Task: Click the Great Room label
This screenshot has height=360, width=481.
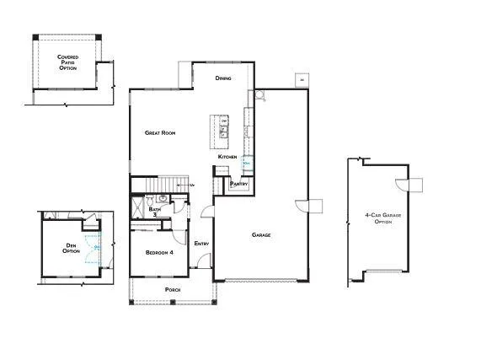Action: click(159, 132)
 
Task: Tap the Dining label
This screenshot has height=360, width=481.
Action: click(223, 78)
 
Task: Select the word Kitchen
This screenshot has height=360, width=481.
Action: click(227, 157)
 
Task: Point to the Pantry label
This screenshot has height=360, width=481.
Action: click(238, 183)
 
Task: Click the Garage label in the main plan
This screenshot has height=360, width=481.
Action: click(261, 234)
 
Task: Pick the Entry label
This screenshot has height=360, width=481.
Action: click(201, 244)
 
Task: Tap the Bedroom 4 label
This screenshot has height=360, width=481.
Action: click(159, 252)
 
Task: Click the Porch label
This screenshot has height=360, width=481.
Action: click(172, 289)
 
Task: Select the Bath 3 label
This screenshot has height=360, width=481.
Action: click(154, 212)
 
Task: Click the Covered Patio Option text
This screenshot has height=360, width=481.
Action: click(67, 62)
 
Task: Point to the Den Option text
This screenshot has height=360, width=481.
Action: click(72, 248)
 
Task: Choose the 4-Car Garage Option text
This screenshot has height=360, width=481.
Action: click(378, 218)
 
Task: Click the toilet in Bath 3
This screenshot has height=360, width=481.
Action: click(148, 201)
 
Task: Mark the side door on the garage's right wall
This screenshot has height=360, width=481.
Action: click(311, 205)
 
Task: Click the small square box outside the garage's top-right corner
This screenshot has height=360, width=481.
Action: click(301, 80)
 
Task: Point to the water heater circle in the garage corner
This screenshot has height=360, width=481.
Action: click(259, 97)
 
